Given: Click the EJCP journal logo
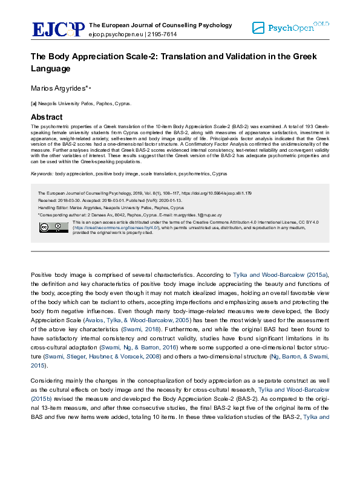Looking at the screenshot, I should pos(58,29).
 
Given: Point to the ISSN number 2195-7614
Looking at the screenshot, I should pos(163,34).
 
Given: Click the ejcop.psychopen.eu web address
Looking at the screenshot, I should pos(115,34).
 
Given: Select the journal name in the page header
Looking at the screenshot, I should pos(160,25).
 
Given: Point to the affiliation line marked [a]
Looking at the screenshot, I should pos(72,104).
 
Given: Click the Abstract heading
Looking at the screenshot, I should pos(47,117).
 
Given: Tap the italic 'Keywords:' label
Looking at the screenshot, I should pos(42,174).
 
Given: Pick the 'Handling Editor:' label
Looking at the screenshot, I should pos(54,207).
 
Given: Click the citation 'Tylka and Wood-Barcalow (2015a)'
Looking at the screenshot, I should pos(287,274).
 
